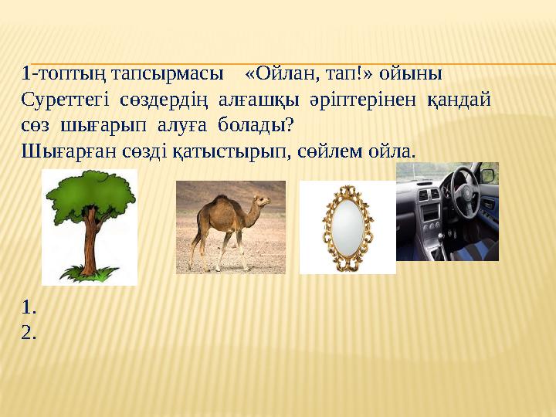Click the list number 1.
tap(29, 308)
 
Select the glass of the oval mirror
tap(347, 228)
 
